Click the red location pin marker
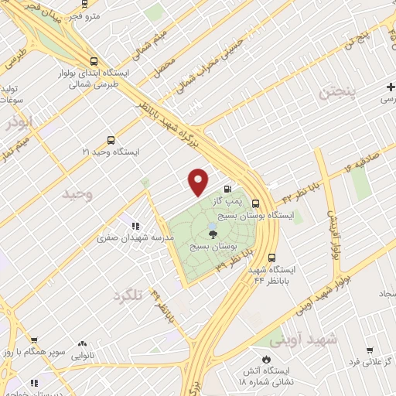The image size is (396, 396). coord(199,182)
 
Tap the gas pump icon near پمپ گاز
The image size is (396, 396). coord(227,188)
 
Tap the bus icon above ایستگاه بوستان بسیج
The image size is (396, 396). coord(255,203)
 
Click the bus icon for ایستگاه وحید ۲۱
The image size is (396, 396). coord(111,141)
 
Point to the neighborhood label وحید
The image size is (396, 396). coord(78,195)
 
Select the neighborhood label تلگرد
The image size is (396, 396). coord(128,296)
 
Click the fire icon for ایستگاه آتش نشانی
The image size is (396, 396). coord(267,360)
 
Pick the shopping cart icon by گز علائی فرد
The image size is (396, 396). coord(369,350)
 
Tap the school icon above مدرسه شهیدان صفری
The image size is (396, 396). coord(135,227)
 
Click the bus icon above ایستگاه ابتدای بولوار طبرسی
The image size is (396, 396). coord(94,61)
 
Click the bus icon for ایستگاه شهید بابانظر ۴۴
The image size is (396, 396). coord(271,258)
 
